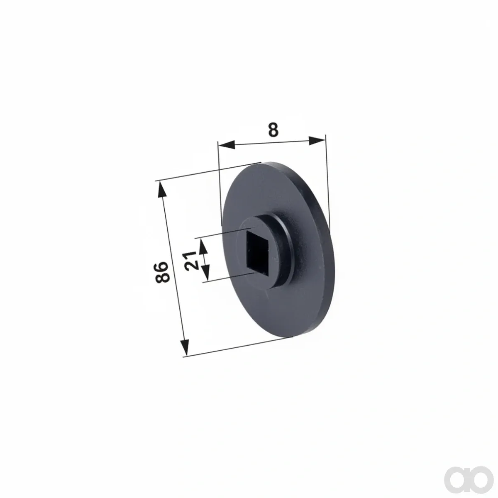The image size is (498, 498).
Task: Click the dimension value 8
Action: (x=273, y=130)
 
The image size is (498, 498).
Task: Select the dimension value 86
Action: (x=162, y=272)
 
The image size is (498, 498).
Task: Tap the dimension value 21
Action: (x=192, y=260)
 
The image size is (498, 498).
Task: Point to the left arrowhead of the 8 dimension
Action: (x=227, y=145)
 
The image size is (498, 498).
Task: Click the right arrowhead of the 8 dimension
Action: (x=317, y=141)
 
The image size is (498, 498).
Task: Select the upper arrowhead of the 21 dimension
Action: (x=204, y=247)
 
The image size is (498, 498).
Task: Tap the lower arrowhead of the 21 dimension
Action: (x=206, y=273)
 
